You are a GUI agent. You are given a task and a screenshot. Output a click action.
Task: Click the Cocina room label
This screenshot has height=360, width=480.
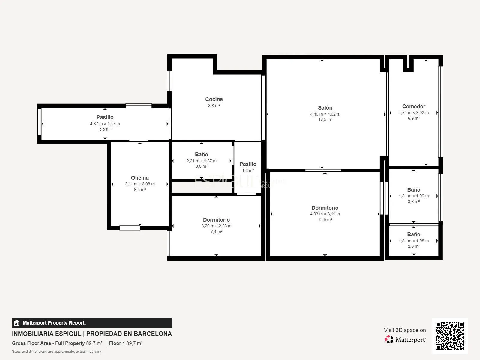[214, 99]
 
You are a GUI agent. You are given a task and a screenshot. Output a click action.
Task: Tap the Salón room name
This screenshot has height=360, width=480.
[325, 107]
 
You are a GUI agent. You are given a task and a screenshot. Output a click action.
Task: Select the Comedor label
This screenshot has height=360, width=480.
[413, 106]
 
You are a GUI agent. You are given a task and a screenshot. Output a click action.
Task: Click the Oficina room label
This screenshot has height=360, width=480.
[140, 178]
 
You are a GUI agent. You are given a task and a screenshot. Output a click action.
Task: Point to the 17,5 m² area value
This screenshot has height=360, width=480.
[325, 120]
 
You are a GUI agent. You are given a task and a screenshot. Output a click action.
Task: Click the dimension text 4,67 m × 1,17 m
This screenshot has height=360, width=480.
[105, 124]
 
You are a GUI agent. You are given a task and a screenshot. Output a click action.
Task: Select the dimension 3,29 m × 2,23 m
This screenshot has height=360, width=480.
[216, 226]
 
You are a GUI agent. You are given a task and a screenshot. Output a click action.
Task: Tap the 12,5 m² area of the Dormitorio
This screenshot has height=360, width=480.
[325, 220]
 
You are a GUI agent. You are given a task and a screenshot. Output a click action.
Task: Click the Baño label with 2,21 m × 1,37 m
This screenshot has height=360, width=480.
[201, 154]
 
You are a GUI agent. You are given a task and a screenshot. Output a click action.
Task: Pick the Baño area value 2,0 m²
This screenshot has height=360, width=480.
[413, 246]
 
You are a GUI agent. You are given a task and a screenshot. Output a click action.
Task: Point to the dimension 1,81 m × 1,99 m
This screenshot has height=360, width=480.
[414, 196]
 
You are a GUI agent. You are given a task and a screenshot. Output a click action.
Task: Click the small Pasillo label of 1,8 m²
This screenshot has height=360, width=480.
[248, 164]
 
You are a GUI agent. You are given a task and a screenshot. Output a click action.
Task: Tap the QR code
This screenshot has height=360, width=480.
[450, 336]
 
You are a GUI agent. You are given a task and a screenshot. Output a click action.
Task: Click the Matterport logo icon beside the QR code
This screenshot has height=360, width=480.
[389, 340]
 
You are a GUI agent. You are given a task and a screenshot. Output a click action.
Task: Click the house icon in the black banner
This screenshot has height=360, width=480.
[17, 323]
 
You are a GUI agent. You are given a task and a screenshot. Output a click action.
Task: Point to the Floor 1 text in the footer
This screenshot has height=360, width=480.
[117, 343]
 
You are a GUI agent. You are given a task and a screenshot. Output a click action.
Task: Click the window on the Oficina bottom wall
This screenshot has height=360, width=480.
[130, 228]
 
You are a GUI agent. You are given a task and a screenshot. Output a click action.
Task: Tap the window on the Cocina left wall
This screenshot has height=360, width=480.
[169, 81]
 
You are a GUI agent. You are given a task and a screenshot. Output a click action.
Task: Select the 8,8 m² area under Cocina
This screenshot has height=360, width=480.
[214, 106]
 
